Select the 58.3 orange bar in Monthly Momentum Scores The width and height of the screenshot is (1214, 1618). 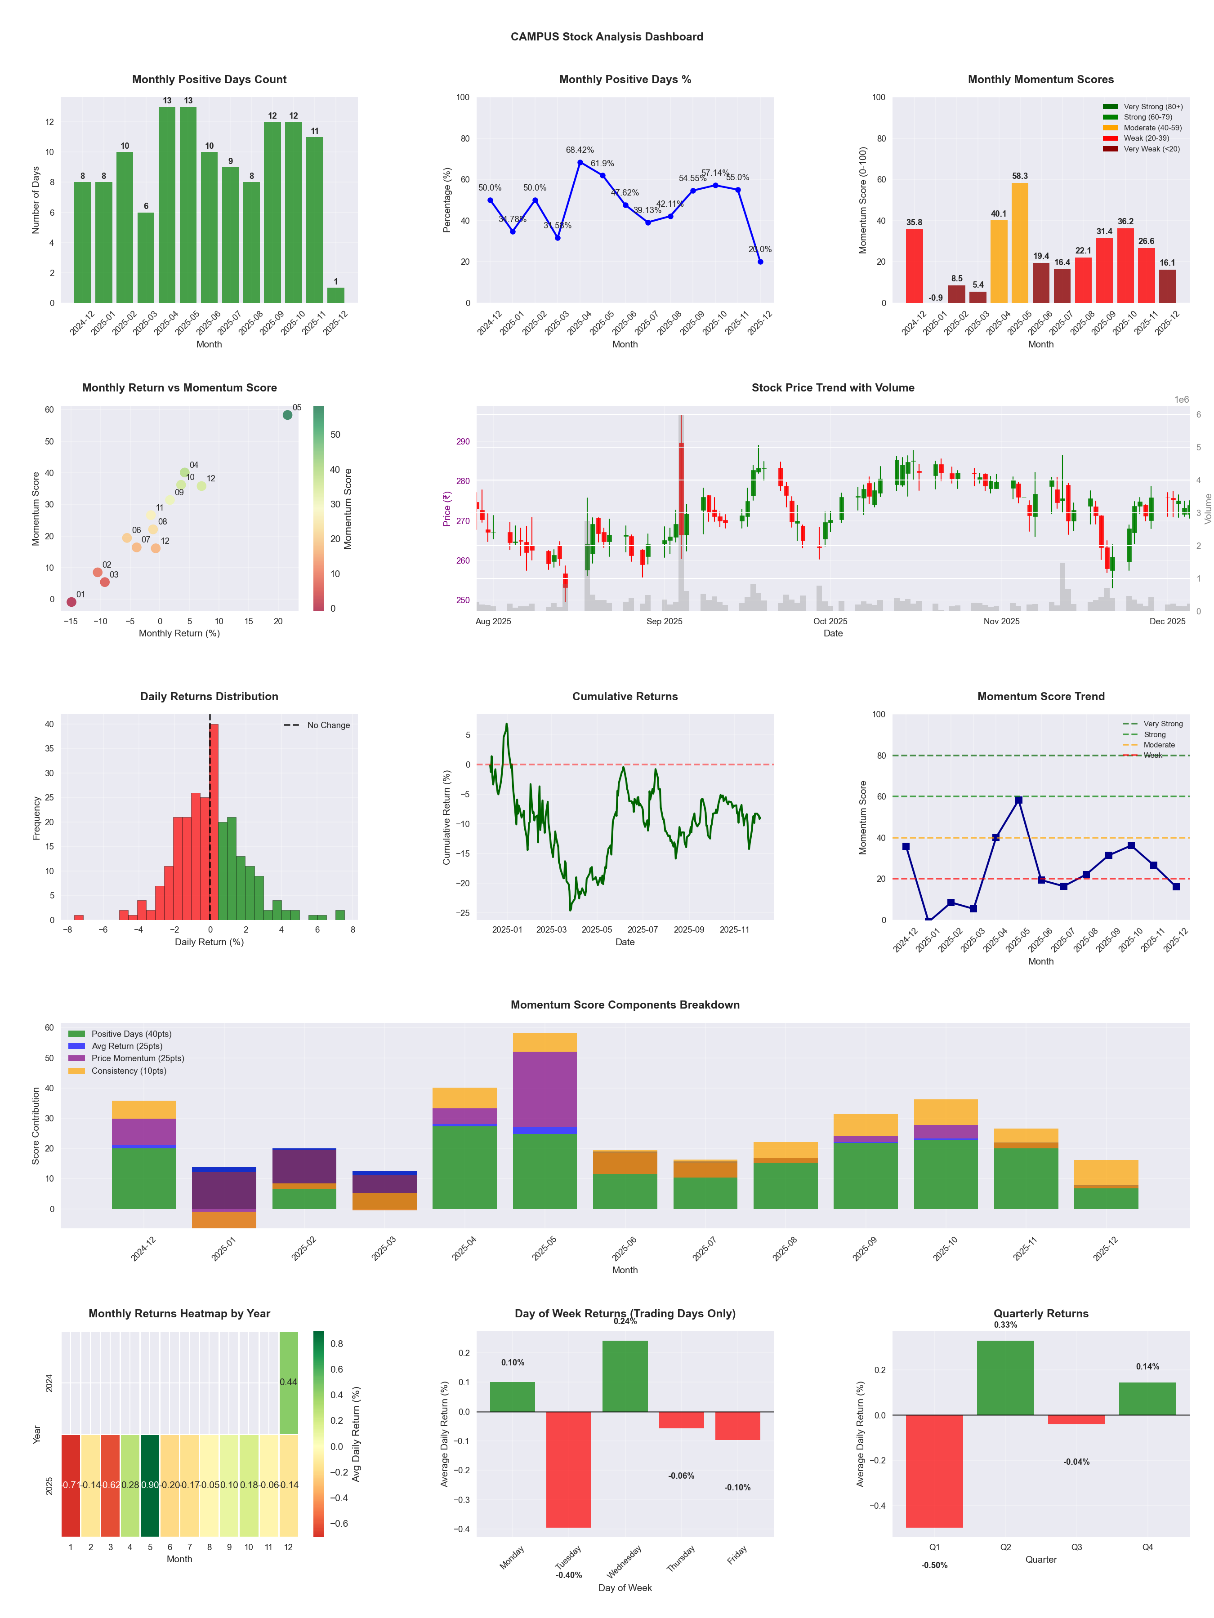pyautogui.click(x=1019, y=243)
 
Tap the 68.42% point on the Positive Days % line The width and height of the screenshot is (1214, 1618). pyautogui.click(x=580, y=162)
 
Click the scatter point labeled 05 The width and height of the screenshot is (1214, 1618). pyautogui.click(x=288, y=415)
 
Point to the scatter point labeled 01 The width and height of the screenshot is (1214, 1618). pyautogui.click(x=71, y=602)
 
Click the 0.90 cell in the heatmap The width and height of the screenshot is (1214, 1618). pyautogui.click(x=150, y=1485)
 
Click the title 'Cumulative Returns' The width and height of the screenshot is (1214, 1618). pyautogui.click(x=625, y=696)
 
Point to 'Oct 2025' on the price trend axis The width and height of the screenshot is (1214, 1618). pyautogui.click(x=830, y=621)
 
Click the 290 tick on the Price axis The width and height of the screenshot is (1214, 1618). pyautogui.click(x=463, y=442)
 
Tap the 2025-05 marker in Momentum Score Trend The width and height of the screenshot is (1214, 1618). pyautogui.click(x=1018, y=800)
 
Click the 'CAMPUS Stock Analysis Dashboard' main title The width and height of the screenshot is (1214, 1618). pyautogui.click(x=607, y=36)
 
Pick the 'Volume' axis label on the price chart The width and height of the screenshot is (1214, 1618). pyautogui.click(x=1207, y=508)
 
